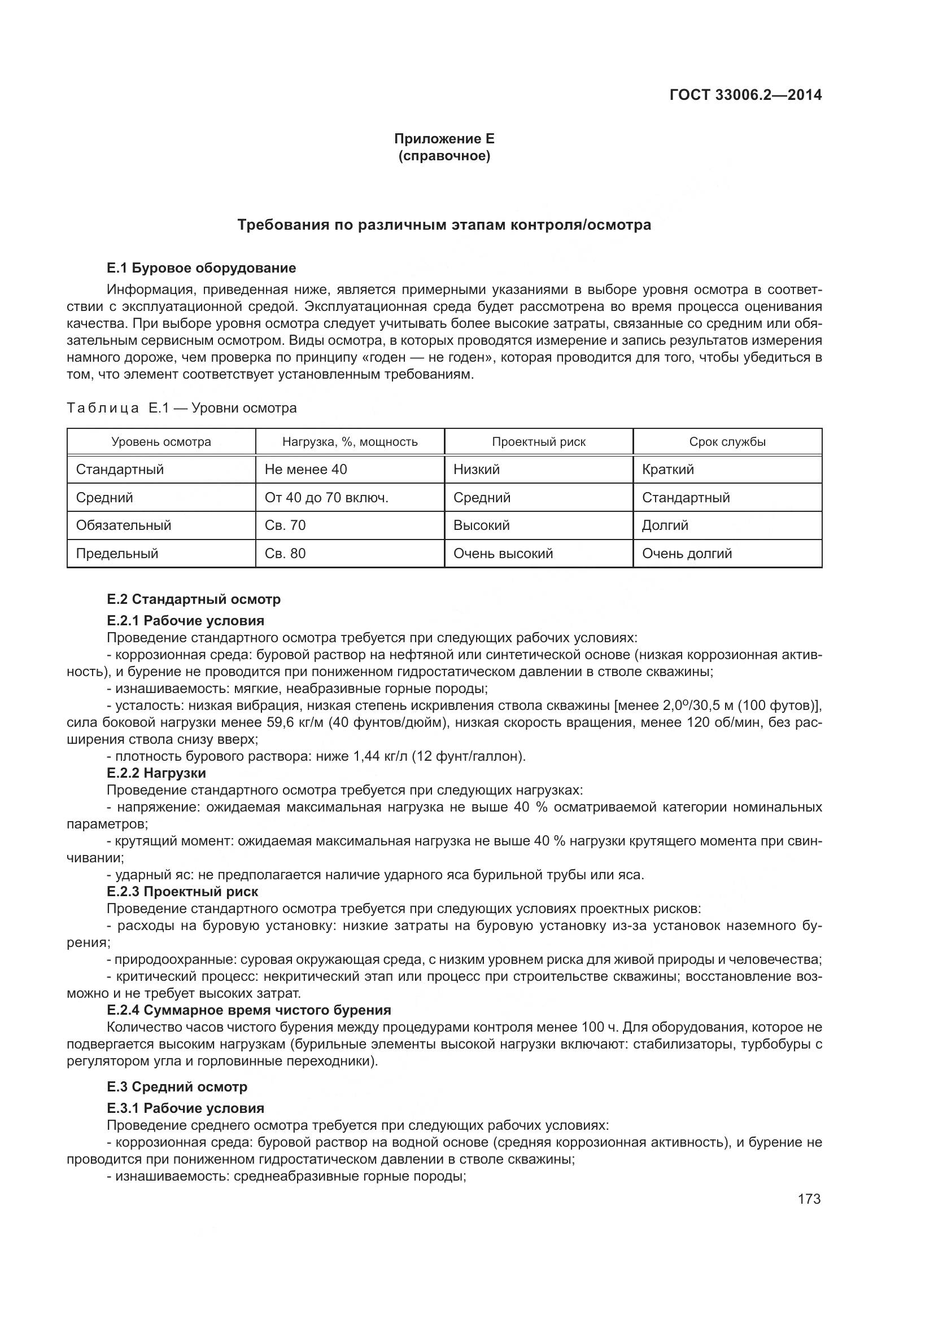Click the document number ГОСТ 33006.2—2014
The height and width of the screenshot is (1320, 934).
745,95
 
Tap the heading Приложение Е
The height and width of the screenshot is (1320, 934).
444,139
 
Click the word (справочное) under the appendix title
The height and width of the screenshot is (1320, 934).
444,156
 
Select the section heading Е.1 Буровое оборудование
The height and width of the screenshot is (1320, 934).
201,268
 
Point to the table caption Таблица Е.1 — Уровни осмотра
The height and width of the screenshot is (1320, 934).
182,408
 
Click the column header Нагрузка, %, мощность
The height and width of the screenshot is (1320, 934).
350,441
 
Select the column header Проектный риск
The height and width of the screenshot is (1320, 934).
538,441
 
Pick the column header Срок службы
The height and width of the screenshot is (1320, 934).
727,441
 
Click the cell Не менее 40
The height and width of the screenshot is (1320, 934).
306,469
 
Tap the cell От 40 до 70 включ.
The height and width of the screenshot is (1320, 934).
326,497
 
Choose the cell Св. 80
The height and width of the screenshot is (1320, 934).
285,553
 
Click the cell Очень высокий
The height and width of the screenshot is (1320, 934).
503,553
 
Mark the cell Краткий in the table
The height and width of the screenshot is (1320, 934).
667,469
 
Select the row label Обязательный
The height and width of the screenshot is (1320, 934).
124,525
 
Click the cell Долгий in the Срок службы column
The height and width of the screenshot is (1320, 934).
665,525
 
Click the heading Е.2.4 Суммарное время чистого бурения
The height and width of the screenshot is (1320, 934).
249,1010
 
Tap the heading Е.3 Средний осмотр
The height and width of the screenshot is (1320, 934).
177,1086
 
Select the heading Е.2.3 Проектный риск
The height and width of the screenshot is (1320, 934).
182,892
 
